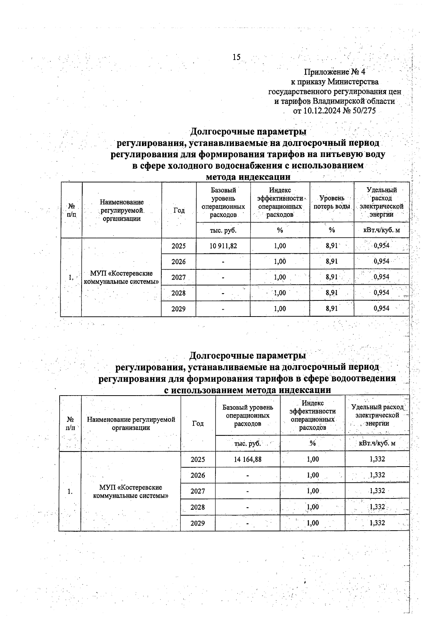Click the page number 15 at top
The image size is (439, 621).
[236, 57]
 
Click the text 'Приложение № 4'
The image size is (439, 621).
[335, 72]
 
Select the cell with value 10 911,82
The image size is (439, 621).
[223, 246]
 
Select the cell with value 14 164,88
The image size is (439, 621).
[247, 459]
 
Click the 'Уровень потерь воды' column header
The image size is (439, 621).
[331, 202]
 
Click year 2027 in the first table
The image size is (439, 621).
[179, 277]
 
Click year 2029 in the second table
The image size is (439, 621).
[198, 523]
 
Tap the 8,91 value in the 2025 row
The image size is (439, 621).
[331, 246]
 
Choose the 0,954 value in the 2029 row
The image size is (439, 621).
[381, 308]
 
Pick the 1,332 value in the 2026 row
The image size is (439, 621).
[377, 475]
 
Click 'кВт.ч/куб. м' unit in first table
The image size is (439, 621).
[381, 230]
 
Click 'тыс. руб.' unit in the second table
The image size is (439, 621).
[247, 443]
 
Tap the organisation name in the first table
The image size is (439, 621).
[121, 277]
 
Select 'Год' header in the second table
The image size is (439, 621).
[198, 423]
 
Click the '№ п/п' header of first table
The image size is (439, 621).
[71, 210]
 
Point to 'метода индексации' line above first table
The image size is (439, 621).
[248, 177]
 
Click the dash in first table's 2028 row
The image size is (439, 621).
[223, 293]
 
